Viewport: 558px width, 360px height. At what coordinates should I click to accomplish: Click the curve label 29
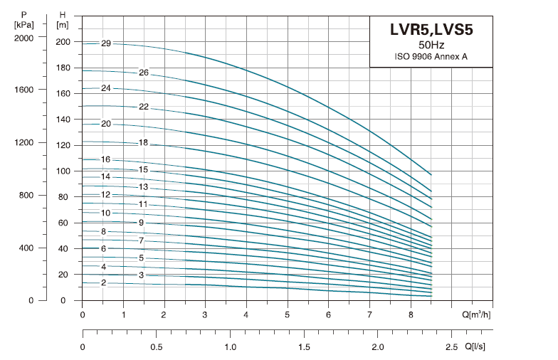point(106,43)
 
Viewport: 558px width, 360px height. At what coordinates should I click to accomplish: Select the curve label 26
point(143,73)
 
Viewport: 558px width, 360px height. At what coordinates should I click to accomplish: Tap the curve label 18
point(143,143)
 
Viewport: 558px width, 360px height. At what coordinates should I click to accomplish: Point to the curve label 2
point(103,283)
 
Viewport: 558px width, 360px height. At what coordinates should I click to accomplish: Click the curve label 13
point(143,187)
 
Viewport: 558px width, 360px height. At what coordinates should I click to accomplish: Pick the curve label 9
point(142,223)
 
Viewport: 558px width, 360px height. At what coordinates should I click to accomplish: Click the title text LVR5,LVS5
point(431,30)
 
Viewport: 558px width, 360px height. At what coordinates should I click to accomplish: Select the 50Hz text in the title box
point(431,46)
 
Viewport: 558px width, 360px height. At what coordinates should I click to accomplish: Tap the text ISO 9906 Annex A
point(431,57)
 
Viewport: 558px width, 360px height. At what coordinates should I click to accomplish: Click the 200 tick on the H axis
point(63,42)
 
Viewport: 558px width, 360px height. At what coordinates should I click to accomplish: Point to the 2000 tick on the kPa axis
point(24,38)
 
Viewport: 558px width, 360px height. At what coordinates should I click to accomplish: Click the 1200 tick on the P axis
point(24,143)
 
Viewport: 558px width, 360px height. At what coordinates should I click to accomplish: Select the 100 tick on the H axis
point(63,171)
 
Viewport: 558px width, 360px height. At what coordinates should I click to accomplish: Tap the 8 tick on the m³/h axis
point(411,314)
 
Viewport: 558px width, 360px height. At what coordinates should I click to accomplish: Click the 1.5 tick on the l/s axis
point(305,347)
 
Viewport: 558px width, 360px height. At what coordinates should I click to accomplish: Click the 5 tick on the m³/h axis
point(288,314)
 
